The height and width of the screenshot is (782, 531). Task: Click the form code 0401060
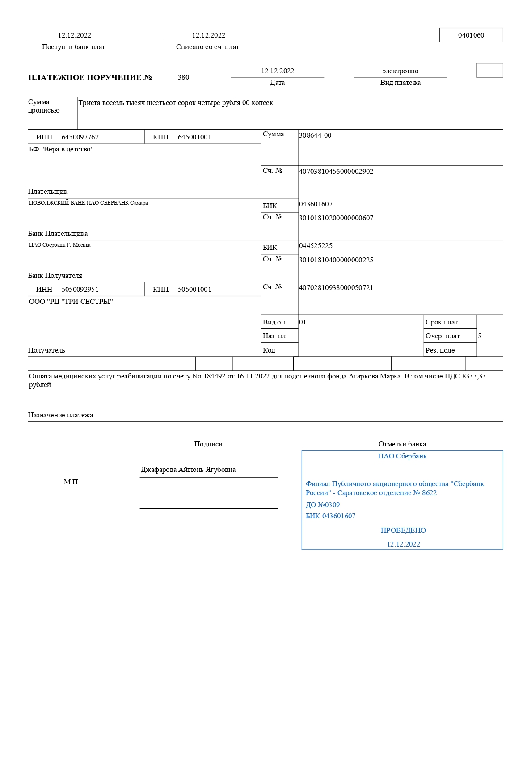tap(471, 35)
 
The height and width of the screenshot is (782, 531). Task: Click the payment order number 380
tap(183, 77)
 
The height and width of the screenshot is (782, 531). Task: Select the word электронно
tap(400, 71)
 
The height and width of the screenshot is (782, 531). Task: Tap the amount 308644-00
tap(315, 135)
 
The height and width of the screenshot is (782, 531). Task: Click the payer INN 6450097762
tap(80, 137)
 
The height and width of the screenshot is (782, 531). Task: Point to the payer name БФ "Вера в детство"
tap(61, 149)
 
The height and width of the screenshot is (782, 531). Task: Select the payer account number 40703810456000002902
tap(336, 172)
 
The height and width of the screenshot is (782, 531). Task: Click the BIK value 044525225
tap(316, 246)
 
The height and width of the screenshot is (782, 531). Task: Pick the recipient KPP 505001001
tap(194, 290)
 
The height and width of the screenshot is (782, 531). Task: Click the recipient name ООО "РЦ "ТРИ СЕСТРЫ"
tap(71, 302)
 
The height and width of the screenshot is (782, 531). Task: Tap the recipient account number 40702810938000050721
tap(336, 288)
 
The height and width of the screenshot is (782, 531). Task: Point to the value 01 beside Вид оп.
tap(303, 322)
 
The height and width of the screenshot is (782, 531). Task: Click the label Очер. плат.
tap(443, 336)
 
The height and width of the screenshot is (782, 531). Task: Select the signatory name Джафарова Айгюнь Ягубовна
tap(188, 470)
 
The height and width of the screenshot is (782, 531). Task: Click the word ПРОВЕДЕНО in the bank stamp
tap(403, 530)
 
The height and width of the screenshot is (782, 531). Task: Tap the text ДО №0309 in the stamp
tap(322, 505)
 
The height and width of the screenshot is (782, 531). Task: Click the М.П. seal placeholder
tap(72, 482)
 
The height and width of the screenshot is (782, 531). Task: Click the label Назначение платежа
tap(60, 415)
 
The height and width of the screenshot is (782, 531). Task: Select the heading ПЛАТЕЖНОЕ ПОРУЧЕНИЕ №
tap(90, 77)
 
